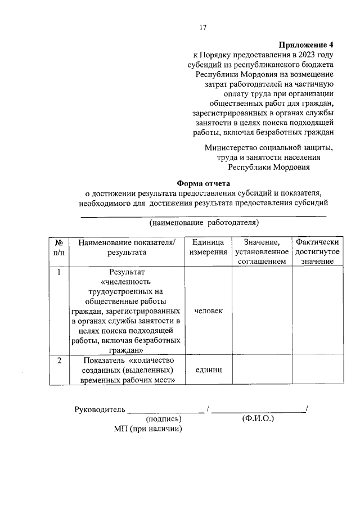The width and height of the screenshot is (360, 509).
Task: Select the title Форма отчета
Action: pyautogui.click(x=204, y=183)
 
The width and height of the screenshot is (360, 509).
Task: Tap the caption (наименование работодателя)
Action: pyautogui.click(x=204, y=223)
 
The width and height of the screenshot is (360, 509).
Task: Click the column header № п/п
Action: pyautogui.click(x=58, y=247)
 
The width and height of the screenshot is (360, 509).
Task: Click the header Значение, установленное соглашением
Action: pyautogui.click(x=262, y=252)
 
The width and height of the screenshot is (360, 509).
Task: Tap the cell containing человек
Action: pyautogui.click(x=208, y=311)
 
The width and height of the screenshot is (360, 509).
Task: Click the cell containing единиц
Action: pyautogui.click(x=208, y=370)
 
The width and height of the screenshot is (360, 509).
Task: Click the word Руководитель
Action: pyautogui.click(x=99, y=409)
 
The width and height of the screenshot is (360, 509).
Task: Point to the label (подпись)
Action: pyautogui.click(x=164, y=419)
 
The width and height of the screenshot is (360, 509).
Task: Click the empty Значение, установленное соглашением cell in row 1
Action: pyautogui.click(x=262, y=311)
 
